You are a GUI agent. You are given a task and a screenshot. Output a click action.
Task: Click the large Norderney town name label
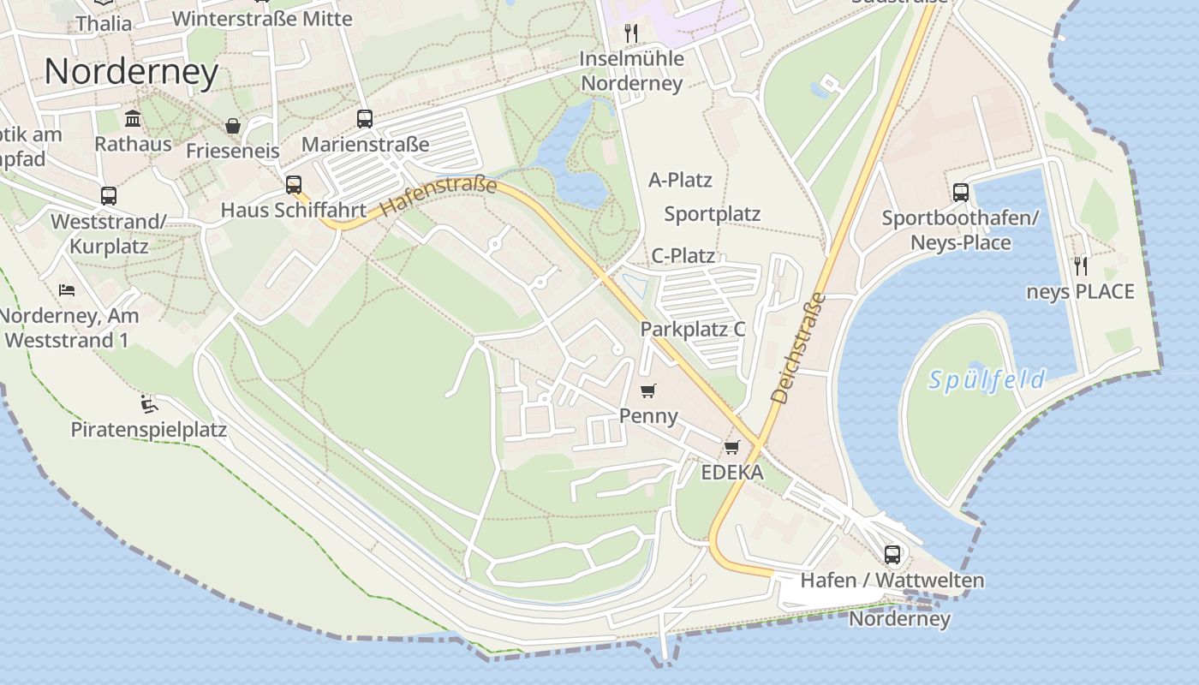point(131,72)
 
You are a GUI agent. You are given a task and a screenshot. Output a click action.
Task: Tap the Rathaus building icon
point(133,118)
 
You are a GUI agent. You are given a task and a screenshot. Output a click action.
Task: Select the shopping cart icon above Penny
point(648,390)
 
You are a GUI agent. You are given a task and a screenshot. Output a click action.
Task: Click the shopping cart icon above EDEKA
point(731,447)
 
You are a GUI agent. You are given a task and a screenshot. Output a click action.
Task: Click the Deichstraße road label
point(798,348)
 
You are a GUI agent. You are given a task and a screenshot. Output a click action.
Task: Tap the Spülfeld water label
point(987,379)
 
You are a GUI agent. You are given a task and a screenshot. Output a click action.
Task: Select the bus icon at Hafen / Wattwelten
point(892,554)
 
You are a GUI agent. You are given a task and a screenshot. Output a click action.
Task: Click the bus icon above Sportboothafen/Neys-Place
point(960,193)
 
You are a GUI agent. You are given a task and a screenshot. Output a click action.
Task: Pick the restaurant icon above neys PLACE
point(1080,265)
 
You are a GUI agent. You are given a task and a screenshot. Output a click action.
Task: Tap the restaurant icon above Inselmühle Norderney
point(631,33)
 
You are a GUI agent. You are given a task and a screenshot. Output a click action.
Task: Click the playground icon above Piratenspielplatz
point(149,402)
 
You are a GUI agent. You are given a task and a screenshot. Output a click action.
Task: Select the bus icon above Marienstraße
point(365,119)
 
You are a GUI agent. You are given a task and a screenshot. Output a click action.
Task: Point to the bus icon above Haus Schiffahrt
point(294,184)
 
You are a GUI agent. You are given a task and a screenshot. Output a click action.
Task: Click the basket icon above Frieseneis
point(232,126)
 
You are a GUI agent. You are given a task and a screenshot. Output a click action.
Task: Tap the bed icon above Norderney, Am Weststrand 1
point(67,289)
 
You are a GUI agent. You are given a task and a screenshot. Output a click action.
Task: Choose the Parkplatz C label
point(693,329)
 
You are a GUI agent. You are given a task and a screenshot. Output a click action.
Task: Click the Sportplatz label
point(713,214)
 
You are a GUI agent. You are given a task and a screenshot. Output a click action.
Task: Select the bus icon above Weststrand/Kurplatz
point(108,196)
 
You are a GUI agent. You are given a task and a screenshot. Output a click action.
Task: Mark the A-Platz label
point(680,181)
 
